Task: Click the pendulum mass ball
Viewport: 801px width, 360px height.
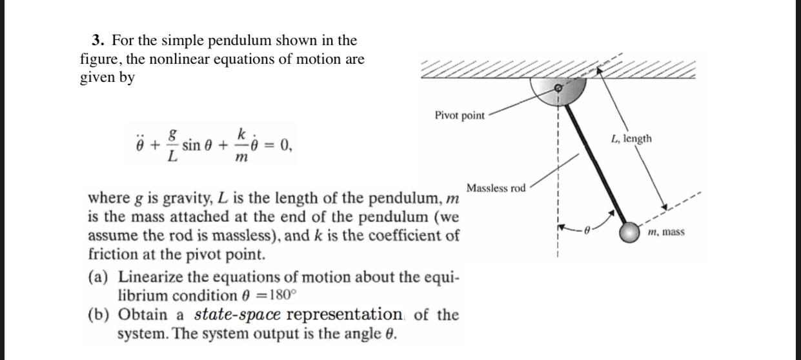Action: click(629, 233)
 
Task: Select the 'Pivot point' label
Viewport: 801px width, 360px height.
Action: click(459, 115)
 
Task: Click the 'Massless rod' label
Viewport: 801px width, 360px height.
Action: click(496, 188)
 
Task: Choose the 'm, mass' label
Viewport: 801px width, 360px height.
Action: click(666, 232)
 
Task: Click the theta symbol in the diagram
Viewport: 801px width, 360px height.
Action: click(587, 228)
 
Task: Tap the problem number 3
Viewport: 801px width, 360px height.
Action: click(97, 41)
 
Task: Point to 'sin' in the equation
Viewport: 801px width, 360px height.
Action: click(191, 145)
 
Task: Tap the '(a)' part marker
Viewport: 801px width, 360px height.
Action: click(98, 277)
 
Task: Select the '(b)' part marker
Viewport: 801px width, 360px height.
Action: click(98, 315)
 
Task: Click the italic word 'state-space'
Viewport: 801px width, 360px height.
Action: click(237, 315)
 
